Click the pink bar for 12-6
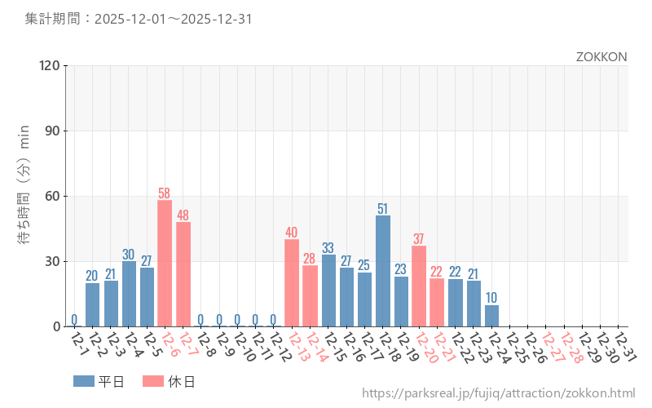[x=165, y=263]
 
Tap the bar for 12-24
[x=491, y=316]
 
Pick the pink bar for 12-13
[x=292, y=282]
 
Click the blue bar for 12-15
[x=328, y=290]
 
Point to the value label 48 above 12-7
[x=183, y=215]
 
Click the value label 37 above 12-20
[x=419, y=239]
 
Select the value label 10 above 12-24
[x=491, y=298]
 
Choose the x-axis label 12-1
[x=79, y=344]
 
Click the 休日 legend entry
[x=167, y=381]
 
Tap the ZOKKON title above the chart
[x=601, y=57]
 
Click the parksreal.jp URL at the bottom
[x=498, y=394]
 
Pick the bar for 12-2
[x=92, y=304]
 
